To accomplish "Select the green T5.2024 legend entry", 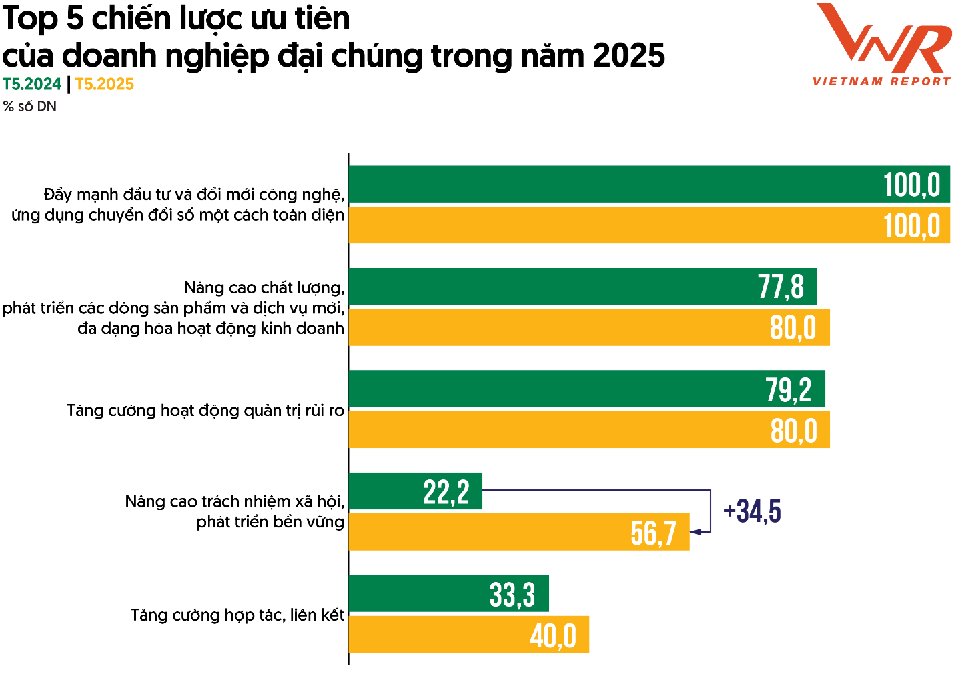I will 32,85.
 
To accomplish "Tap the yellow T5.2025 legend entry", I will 105,85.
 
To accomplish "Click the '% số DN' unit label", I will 30,107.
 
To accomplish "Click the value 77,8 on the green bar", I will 781,287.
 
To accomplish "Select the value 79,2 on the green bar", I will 788,390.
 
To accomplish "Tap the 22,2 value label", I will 446,493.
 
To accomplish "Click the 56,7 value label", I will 653,533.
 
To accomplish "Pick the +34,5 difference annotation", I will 752,511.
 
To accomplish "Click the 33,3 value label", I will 512,595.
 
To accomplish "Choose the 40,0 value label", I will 553,636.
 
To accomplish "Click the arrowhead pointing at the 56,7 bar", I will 696,532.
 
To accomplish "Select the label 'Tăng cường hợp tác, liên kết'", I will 237,615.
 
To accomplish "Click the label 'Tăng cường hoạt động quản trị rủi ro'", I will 205,411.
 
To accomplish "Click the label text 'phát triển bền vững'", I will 270,522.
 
